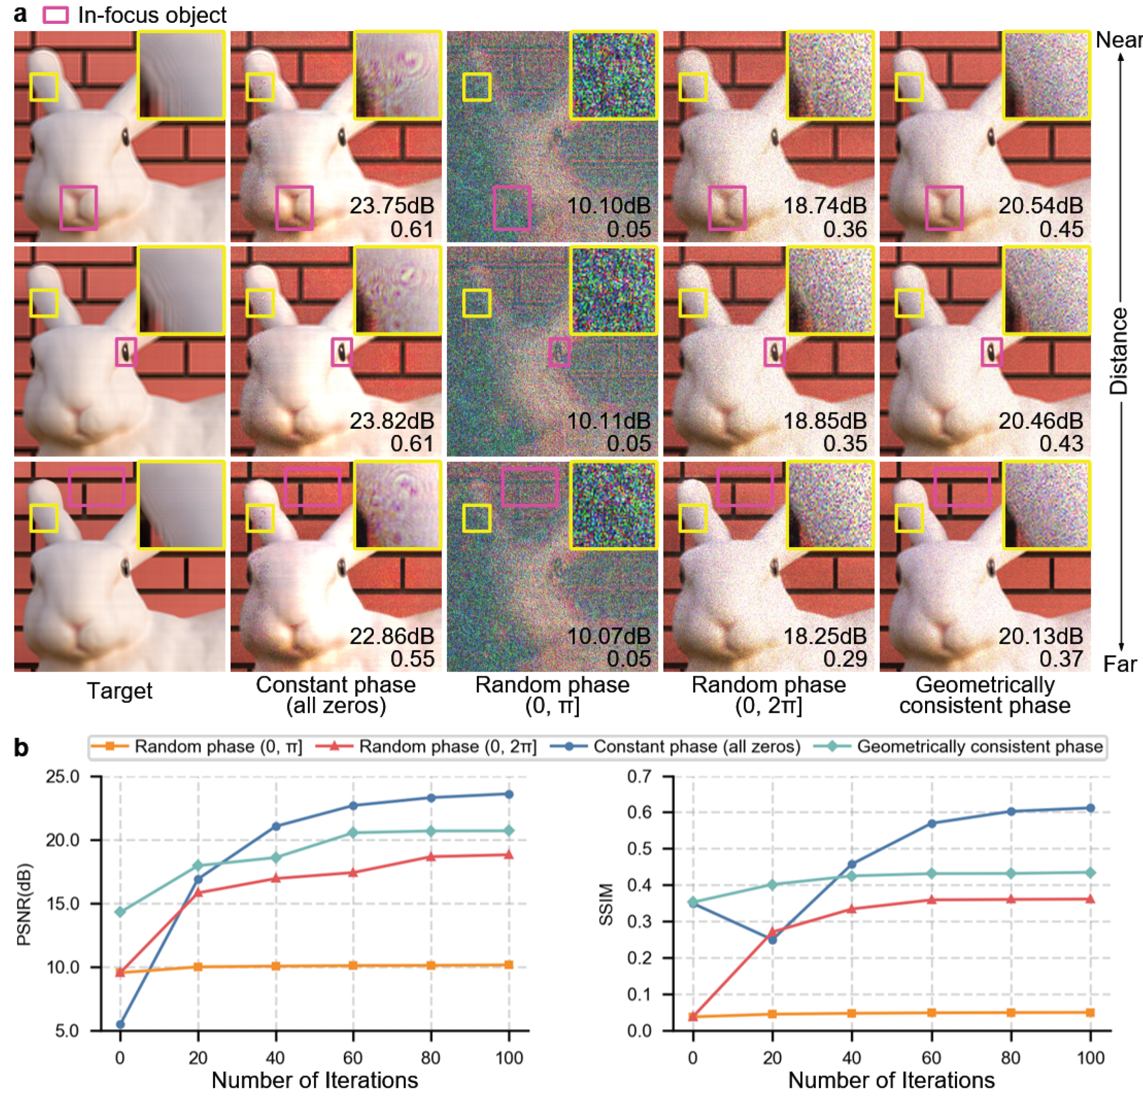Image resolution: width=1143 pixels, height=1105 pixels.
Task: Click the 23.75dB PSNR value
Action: [392, 206]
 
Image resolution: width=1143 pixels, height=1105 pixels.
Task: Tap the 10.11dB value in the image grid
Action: [608, 421]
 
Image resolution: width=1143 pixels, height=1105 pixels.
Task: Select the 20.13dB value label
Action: [1041, 636]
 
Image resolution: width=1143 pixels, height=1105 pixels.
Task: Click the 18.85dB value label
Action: [824, 421]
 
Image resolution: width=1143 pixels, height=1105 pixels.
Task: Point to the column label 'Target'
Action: [119, 691]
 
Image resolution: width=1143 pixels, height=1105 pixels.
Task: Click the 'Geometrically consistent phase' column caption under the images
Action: [985, 695]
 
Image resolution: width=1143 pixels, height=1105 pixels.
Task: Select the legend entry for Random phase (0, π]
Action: [197, 747]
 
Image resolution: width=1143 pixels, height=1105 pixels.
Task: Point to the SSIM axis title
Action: [607, 904]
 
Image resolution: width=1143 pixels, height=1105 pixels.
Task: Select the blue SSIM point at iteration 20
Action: [773, 939]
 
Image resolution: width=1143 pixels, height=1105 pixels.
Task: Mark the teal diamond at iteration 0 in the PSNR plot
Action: [120, 912]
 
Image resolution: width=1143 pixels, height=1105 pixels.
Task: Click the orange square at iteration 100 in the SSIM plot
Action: [1091, 1013]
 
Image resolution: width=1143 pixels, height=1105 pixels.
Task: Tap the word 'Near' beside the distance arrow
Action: [1119, 40]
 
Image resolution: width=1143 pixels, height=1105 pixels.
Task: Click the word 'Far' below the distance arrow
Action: [1120, 665]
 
